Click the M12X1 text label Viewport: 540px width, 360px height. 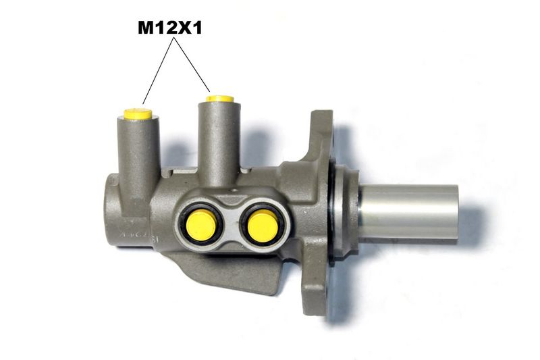coord(170,28)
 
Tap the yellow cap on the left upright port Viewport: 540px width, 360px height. coord(138,114)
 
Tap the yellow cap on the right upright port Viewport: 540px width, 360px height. coord(220,99)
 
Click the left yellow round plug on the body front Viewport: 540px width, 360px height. coord(201,226)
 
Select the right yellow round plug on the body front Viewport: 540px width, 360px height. coord(263,226)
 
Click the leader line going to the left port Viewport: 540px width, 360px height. coord(158,71)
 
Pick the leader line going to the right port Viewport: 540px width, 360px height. coord(192,64)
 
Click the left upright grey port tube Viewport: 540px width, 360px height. coord(138,162)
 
